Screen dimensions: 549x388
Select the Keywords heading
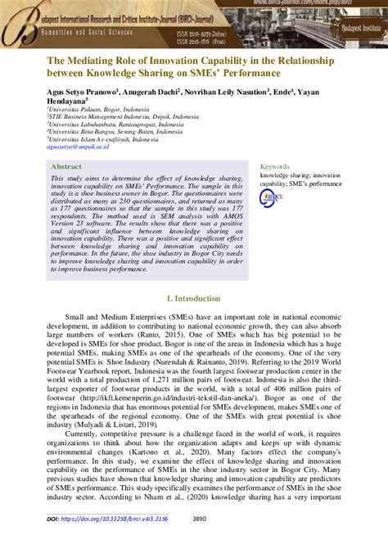coord(275,166)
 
